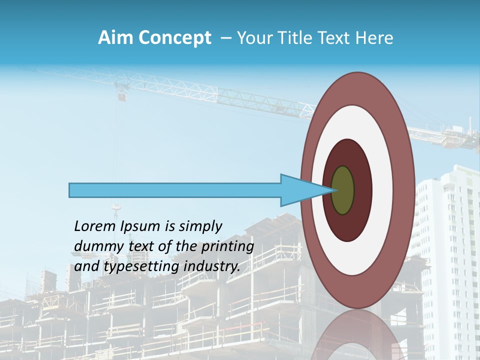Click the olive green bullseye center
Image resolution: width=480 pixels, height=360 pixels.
pos(343,190)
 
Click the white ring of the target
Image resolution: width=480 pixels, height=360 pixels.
pos(382,190)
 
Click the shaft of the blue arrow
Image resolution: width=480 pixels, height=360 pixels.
pos(175,190)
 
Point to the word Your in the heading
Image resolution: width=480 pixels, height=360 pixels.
pos(252,38)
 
